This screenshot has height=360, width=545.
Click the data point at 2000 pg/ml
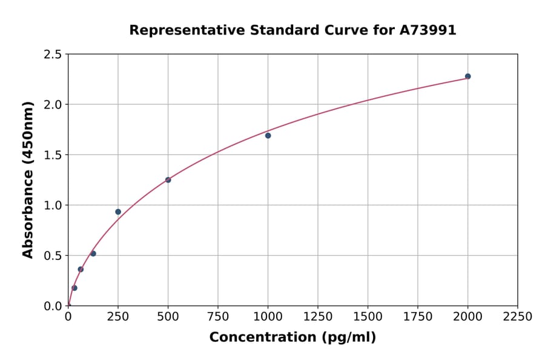467,76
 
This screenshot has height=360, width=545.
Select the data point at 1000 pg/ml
268,136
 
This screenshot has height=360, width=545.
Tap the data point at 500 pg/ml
168,180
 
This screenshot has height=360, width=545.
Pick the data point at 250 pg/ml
118,212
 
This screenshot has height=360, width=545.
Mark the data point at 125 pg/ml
93,253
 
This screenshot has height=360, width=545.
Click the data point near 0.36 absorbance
81,269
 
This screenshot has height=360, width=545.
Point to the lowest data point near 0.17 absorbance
74,288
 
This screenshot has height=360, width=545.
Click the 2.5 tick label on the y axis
52,55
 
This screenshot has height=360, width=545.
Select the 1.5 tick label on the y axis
52,155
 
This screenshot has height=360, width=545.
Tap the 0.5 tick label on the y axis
52,256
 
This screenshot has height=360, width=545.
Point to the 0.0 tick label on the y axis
52,306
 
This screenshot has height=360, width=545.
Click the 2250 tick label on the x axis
518,317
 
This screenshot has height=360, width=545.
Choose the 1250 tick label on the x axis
318,317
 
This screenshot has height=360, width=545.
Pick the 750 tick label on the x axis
218,317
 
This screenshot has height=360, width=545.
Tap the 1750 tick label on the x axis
418,317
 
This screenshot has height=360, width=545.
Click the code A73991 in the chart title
428,30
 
